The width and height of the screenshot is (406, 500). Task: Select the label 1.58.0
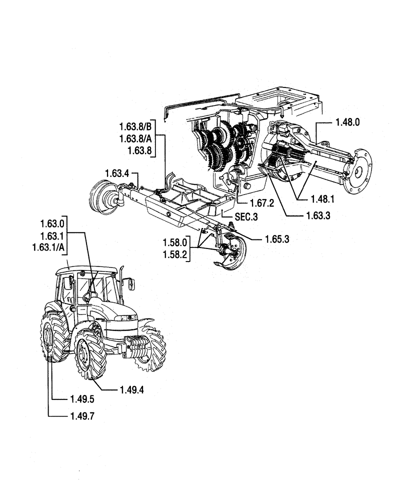tap(174, 242)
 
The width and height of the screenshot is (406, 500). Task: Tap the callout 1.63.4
tap(117, 173)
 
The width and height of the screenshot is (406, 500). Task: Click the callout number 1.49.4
tap(132, 389)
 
